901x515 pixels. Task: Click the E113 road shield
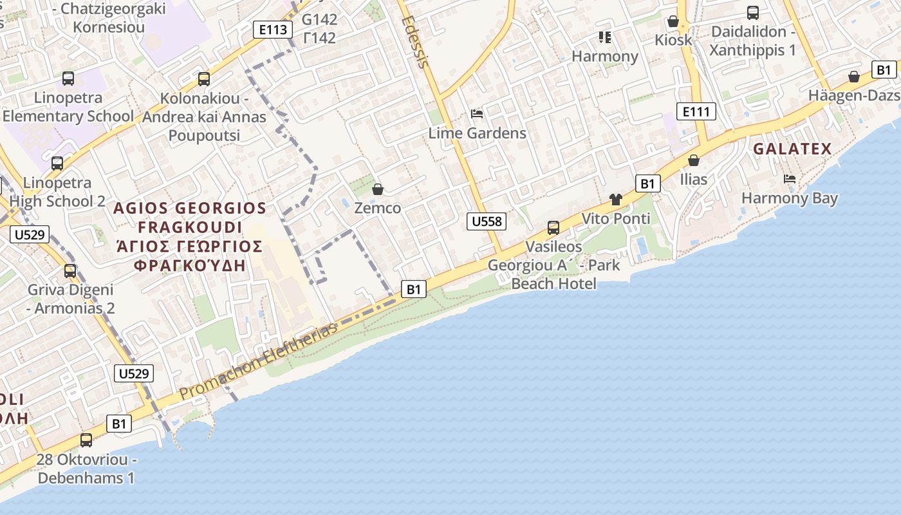[x=272, y=29]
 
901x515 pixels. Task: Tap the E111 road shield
[x=696, y=111]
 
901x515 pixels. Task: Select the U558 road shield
[x=486, y=221]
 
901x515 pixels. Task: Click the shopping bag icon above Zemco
[x=378, y=189]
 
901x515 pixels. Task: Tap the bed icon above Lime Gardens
[x=477, y=114]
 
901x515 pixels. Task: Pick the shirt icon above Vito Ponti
[x=616, y=200]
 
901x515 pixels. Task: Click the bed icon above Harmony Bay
[x=790, y=178]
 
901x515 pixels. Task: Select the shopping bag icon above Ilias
[x=694, y=160]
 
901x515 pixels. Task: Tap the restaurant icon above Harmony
[x=604, y=37]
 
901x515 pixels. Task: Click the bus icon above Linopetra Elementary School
[x=68, y=79]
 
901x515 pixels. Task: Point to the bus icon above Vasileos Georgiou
[x=553, y=227]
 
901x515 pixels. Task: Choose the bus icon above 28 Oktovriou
[x=86, y=440]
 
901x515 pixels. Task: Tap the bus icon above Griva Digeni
[x=70, y=271]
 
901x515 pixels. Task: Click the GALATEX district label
[x=792, y=149]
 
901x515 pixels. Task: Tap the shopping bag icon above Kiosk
[x=673, y=21]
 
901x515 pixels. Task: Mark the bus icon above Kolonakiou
[x=204, y=79]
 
